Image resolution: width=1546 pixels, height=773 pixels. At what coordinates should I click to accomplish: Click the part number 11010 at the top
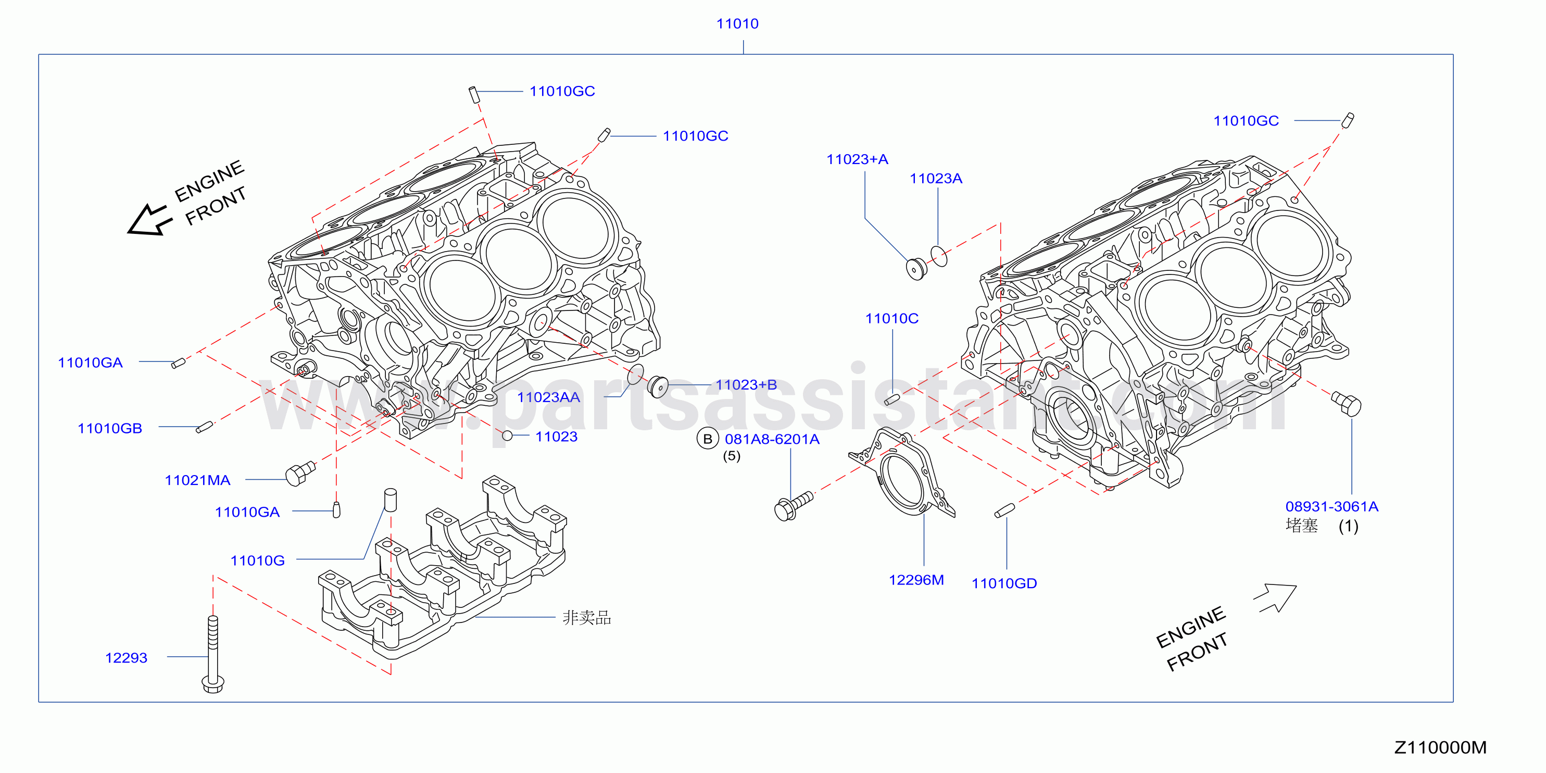click(737, 23)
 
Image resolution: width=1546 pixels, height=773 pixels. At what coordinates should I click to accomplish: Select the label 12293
click(126, 658)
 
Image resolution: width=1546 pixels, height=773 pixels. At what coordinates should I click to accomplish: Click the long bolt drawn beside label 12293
click(213, 654)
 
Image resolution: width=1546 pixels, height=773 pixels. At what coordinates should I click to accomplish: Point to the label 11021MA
click(197, 480)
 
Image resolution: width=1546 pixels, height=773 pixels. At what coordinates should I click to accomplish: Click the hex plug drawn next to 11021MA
click(300, 473)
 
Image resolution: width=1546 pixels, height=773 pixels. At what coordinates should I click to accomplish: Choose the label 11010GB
click(110, 429)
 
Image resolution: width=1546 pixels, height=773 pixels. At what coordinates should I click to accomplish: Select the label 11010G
click(257, 560)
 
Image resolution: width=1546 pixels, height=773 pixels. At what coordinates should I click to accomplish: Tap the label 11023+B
click(746, 385)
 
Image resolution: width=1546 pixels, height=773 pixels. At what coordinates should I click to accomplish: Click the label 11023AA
click(548, 397)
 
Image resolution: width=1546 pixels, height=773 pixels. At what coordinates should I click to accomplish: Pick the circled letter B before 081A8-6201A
click(708, 439)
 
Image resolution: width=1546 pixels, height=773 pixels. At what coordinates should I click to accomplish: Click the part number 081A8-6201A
click(772, 439)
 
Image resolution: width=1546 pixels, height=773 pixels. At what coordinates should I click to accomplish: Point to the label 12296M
click(916, 580)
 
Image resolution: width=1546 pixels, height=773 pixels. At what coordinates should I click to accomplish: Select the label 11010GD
click(1004, 583)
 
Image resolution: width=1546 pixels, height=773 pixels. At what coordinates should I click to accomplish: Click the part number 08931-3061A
click(1332, 506)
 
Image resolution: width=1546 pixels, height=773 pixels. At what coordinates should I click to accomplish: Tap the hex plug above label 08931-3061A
click(1346, 403)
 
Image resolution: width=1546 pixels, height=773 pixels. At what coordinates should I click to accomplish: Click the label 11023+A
click(857, 159)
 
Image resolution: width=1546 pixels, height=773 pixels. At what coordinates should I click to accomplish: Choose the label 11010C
click(892, 318)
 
